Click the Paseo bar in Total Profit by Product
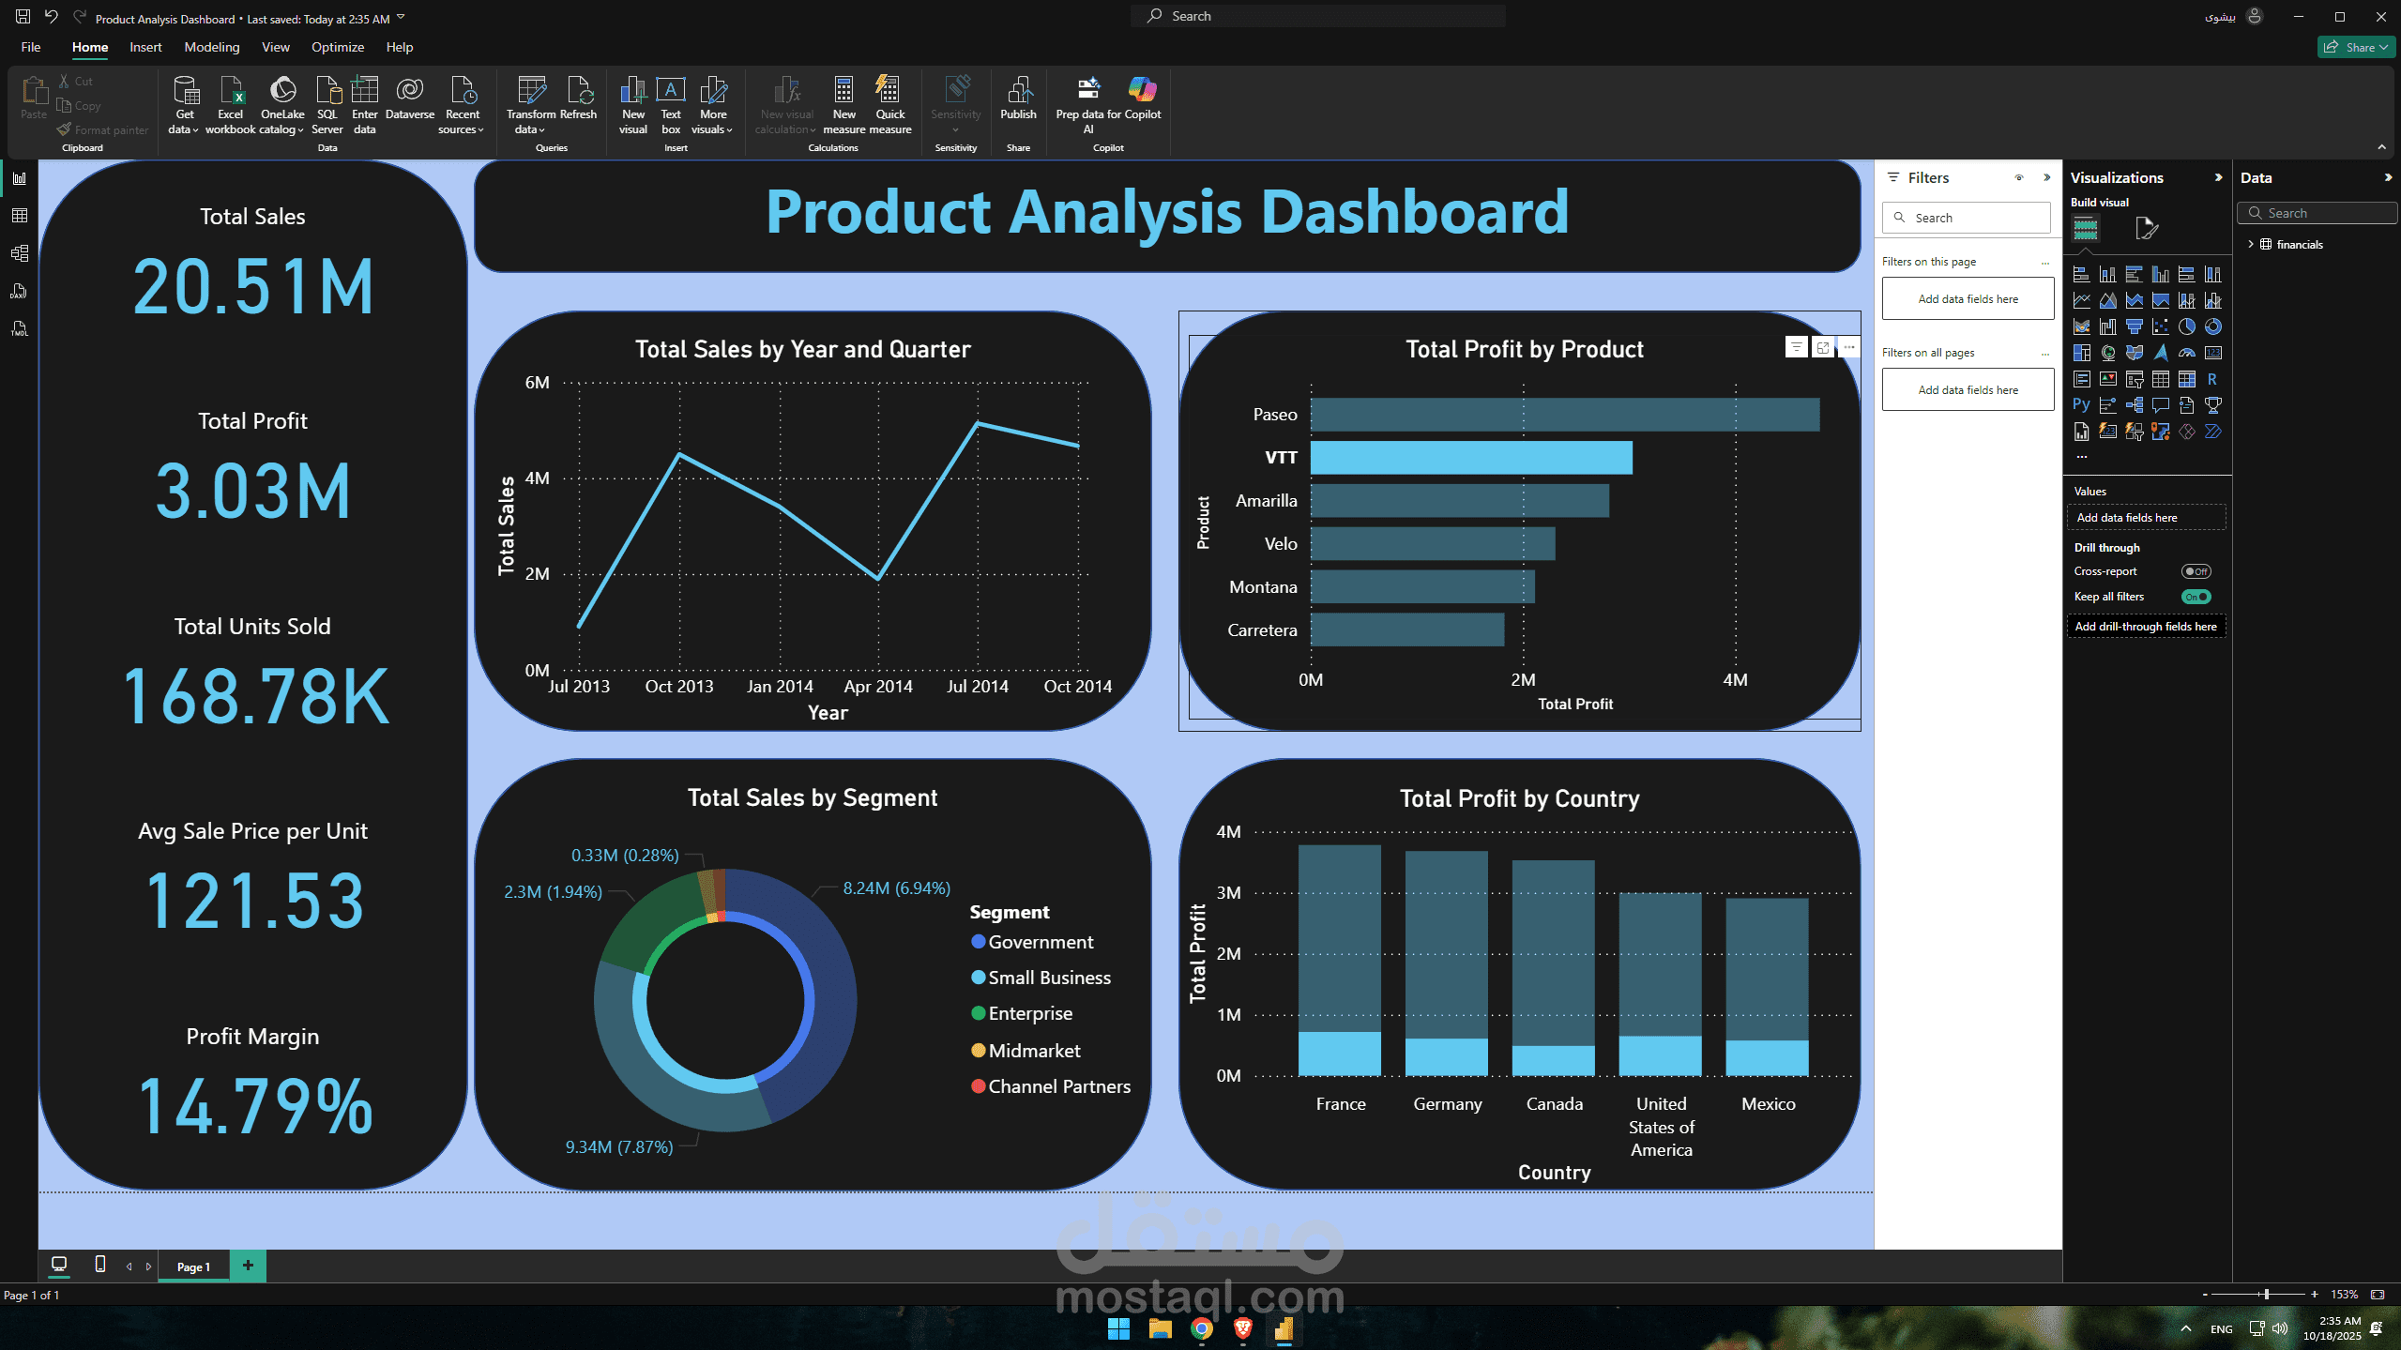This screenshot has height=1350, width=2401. coord(1564,415)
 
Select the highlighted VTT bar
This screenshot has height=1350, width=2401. coord(1470,458)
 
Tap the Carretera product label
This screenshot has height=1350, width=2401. coord(1262,630)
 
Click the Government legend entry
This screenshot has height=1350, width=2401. coord(1040,942)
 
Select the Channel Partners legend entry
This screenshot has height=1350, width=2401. coord(1058,1086)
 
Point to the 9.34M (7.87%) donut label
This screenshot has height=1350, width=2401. coord(618,1146)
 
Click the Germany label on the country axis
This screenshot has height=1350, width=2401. coord(1447,1104)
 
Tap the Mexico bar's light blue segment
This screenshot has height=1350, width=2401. coord(1767,1057)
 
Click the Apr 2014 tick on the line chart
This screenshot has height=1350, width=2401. coord(878,687)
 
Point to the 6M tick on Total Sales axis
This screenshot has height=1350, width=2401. coord(538,383)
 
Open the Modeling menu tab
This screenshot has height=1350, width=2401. coord(211,47)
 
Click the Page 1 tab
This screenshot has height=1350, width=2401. coord(193,1267)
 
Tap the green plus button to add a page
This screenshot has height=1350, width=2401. coord(248,1266)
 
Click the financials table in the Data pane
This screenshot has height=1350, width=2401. coord(2299,245)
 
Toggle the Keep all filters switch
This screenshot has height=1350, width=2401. coord(2196,597)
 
